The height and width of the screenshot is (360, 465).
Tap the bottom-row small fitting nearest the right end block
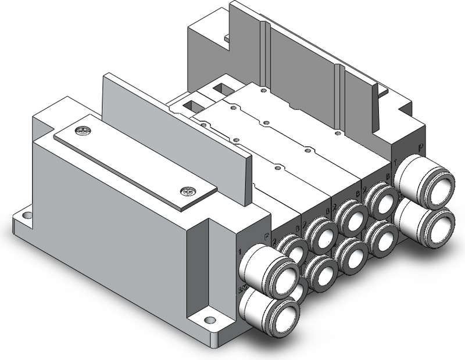[x=381, y=237]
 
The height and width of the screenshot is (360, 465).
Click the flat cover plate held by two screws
[x=134, y=161]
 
